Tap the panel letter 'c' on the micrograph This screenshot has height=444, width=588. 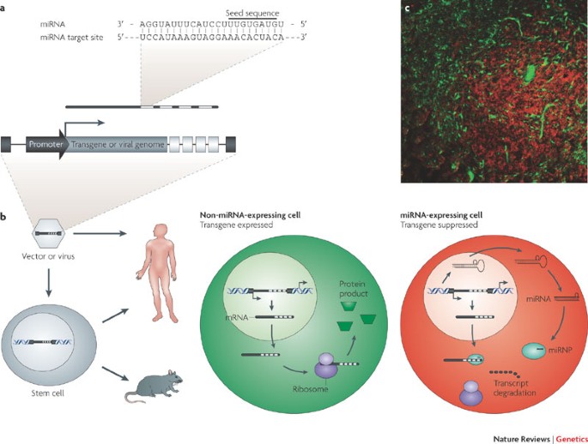click(407, 9)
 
